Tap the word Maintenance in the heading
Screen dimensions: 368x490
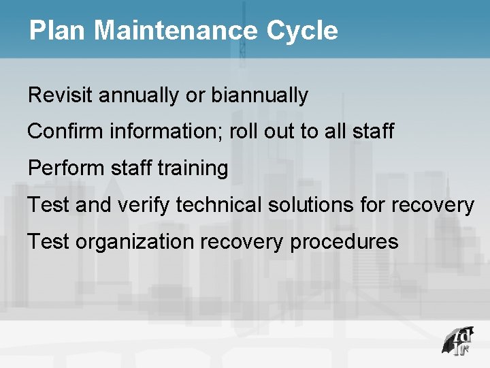tap(174, 31)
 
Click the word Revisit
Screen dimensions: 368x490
tap(61, 95)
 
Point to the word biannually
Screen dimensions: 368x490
tap(259, 95)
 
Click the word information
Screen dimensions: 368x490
tap(165, 132)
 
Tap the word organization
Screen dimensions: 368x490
tap(134, 242)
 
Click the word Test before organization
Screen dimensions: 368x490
tap(48, 241)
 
